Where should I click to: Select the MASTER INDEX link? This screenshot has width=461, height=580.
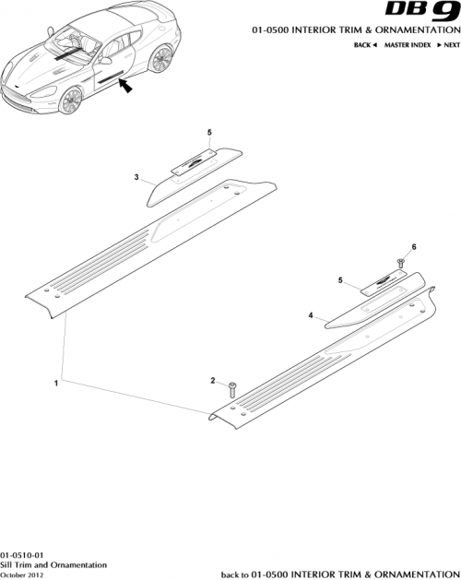(x=408, y=44)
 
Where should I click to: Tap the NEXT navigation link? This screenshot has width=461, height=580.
(x=447, y=44)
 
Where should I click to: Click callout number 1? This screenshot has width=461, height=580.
(x=57, y=381)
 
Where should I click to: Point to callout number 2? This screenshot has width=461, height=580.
(x=213, y=381)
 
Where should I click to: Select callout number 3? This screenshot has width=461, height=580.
(x=136, y=177)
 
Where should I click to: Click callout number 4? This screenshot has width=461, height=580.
(x=311, y=315)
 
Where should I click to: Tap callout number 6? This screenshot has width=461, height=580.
(x=414, y=247)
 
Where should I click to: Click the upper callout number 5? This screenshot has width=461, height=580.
(x=209, y=132)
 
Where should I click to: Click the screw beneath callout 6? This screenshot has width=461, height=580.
(x=402, y=263)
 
